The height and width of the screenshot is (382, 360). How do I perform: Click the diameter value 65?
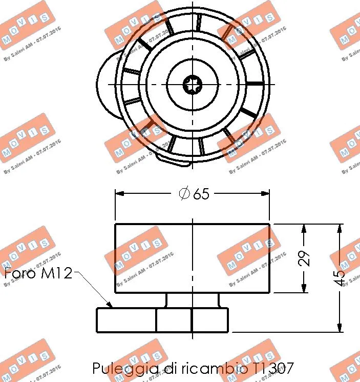(202, 194)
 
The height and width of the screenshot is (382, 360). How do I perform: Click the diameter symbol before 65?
(184, 194)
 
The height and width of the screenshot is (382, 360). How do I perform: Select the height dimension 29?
(305, 258)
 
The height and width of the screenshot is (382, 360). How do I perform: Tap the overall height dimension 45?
(340, 277)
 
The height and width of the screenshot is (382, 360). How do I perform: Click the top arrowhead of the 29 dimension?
(304, 228)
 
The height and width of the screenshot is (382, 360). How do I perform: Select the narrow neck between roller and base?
(192, 300)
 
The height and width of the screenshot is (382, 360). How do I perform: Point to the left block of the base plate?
(126, 320)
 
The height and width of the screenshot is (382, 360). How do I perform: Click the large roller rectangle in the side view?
(154, 258)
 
